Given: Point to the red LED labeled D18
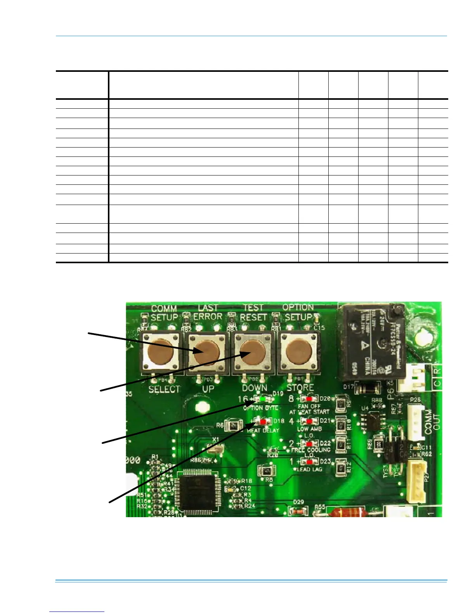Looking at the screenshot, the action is (x=264, y=421).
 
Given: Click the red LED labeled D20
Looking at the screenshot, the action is (x=310, y=398).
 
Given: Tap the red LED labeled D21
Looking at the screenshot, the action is (x=310, y=421).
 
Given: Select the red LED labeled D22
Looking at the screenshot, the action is (x=310, y=443).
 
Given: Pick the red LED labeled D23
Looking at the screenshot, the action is (x=310, y=462).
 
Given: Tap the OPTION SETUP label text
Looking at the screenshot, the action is (x=298, y=313).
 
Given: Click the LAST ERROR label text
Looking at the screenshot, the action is (x=208, y=313).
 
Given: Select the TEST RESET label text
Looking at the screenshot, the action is (x=253, y=313).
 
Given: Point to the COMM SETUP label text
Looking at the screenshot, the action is (x=164, y=313).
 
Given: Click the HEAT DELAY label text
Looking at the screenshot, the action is (x=263, y=430).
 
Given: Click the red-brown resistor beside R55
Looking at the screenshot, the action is (x=347, y=512).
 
